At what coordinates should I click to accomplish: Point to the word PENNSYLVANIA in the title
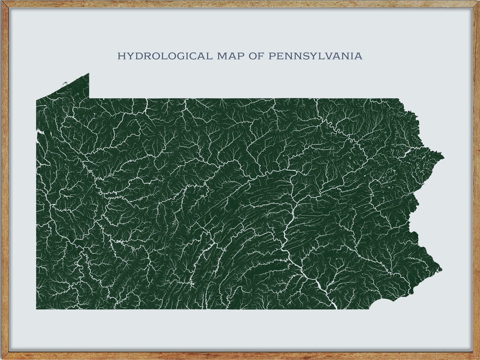[x=315, y=56]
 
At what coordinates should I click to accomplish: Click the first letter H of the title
[x=121, y=56]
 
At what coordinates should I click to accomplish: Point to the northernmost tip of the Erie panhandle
[x=88, y=73]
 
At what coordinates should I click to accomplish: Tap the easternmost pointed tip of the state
[x=444, y=157]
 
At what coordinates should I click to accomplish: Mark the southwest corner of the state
[x=37, y=309]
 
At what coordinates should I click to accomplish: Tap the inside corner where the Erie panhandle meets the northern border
[x=89, y=98]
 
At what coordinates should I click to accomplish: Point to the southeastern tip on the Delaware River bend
[x=441, y=269]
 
